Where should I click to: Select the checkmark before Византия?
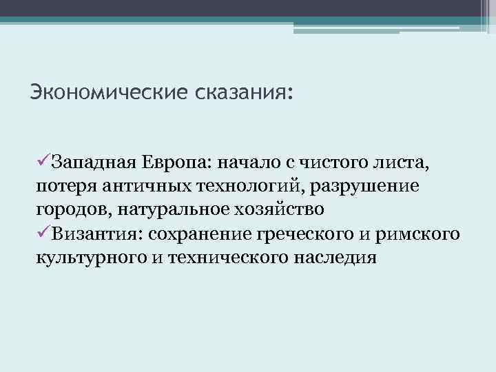click(x=41, y=234)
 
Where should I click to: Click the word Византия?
click(x=93, y=234)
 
